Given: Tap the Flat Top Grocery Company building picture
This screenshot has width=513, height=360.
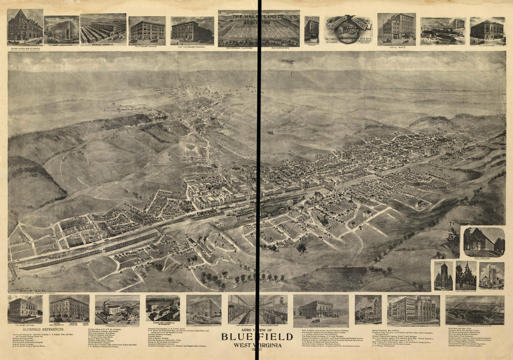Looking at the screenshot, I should (192, 30).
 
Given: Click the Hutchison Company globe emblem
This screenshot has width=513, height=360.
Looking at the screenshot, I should (347, 28).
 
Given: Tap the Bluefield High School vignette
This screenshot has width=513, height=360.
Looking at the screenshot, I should (413, 309).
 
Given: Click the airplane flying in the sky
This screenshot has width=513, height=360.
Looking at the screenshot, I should (287, 61).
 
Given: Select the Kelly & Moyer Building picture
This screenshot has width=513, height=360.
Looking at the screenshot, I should (147, 30).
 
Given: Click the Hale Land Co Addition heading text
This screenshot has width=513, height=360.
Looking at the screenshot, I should (259, 20).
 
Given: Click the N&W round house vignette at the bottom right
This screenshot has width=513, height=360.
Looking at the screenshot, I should (475, 310).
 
